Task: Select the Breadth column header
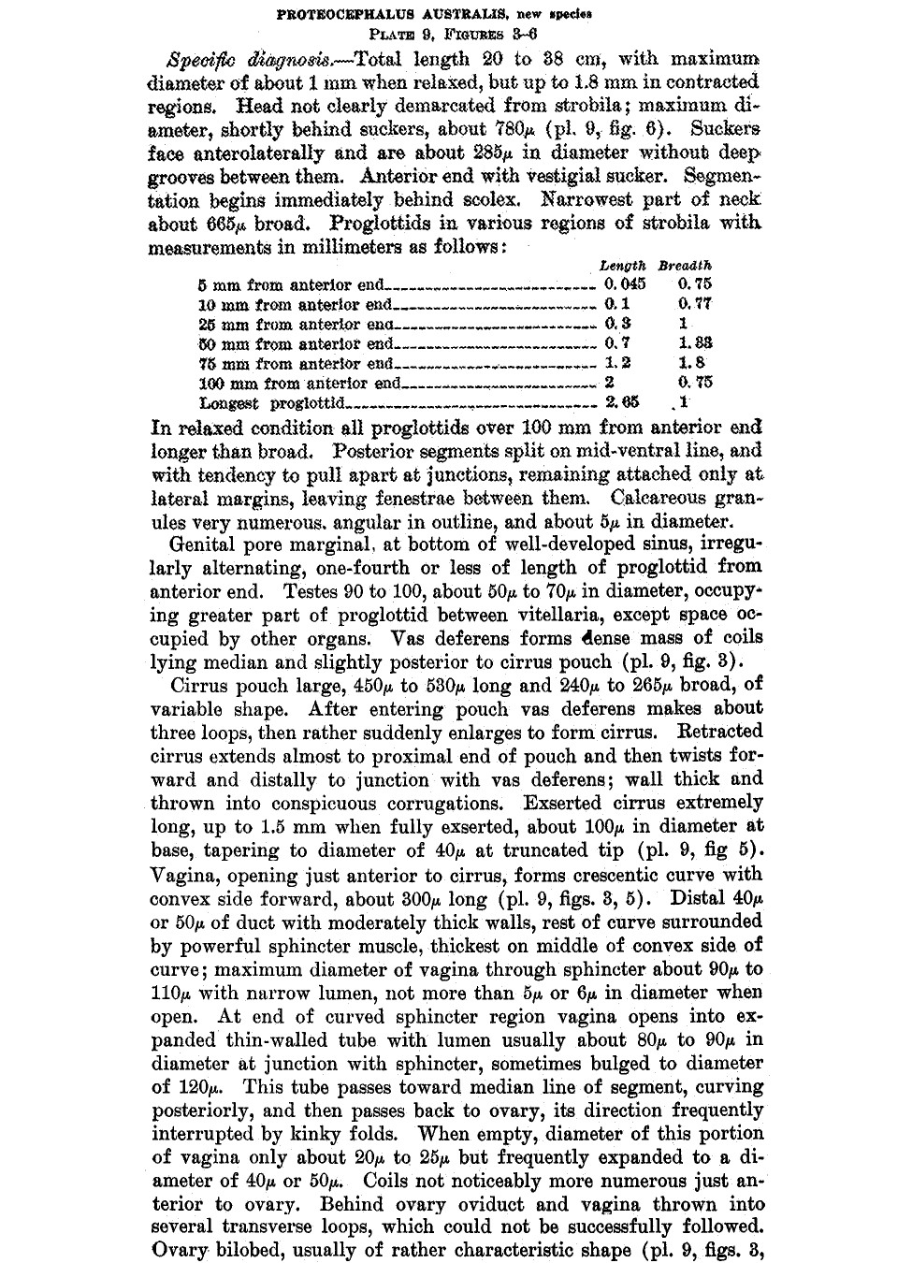pyautogui.click(x=685, y=266)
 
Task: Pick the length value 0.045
pyautogui.click(x=624, y=283)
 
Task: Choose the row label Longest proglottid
pyautogui.click(x=273, y=403)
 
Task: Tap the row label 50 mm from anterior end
pyautogui.click(x=296, y=343)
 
